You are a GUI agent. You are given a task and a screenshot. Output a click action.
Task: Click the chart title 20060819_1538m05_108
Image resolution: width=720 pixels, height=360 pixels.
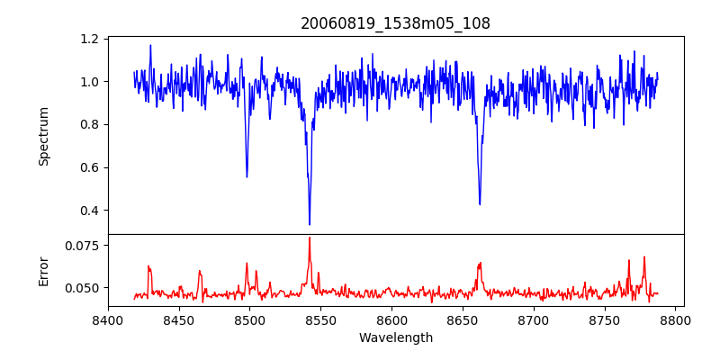395,23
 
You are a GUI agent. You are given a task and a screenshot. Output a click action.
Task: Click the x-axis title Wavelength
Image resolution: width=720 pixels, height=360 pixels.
395,338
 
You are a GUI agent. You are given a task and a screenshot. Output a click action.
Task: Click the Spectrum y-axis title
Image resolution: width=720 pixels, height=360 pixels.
43,136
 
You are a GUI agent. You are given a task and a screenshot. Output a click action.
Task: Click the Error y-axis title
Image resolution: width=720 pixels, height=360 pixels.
43,270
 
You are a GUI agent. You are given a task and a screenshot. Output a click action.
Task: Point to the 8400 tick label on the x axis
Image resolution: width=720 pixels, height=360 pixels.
108,319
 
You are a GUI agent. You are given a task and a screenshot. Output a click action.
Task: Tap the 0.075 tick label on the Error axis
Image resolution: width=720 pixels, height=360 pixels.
83,245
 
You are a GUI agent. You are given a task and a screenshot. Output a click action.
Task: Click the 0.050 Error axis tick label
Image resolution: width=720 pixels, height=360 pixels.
83,288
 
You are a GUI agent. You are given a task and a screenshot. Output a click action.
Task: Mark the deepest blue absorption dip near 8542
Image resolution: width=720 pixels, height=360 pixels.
310,224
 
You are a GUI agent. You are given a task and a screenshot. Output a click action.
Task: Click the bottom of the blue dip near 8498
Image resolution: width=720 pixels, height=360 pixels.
247,176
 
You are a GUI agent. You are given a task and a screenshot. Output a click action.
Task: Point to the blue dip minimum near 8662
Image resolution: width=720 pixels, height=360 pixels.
480,204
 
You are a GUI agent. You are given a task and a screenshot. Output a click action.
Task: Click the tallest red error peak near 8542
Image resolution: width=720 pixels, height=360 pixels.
310,238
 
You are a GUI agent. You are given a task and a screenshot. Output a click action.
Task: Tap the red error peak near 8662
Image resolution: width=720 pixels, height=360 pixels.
481,263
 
